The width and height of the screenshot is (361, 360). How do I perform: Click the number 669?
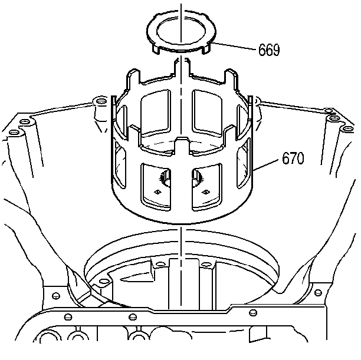pos(269,49)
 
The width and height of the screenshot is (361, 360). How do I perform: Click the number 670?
pos(293,158)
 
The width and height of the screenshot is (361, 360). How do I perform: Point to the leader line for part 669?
pos(233,46)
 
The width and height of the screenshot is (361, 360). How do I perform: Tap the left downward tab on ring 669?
pos(156,49)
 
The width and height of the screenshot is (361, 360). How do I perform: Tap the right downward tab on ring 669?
pos(206,49)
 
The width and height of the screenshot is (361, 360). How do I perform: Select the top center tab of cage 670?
pos(182,67)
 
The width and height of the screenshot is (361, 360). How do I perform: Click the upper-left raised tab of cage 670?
pos(133,77)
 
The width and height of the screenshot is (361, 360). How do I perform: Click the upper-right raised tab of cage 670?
pos(231,77)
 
